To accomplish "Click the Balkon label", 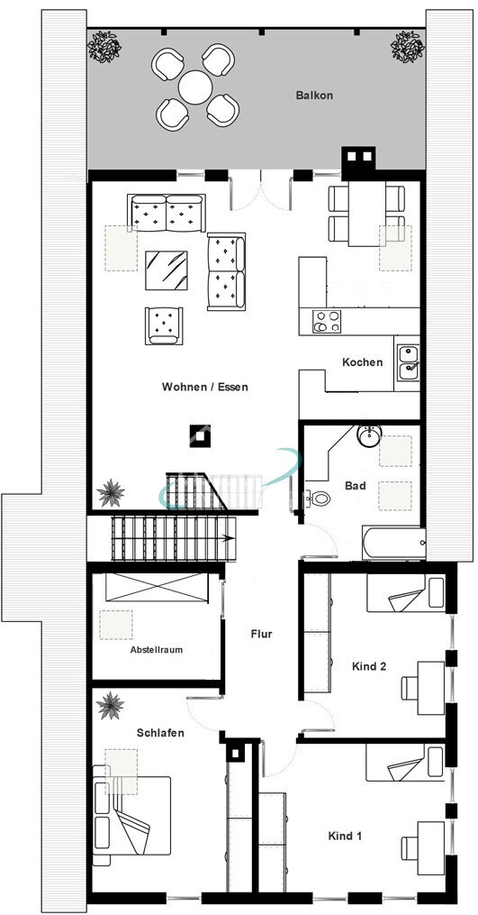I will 314,95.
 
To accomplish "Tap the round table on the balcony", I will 195,87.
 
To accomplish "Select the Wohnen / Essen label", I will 204,387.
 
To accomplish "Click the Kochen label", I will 362,362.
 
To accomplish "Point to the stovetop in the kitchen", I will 325,321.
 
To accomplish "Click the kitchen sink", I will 407,360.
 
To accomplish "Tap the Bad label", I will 356,486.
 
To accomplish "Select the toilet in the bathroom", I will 318,498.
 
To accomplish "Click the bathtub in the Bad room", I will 392,544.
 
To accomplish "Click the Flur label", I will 261,634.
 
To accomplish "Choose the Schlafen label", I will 161,733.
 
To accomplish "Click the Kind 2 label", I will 369,667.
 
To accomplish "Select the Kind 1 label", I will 345,837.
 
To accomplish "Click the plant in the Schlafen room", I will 112,706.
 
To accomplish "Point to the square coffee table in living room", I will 167,269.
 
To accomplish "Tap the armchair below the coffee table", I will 164,325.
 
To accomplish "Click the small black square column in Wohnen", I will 199,435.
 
